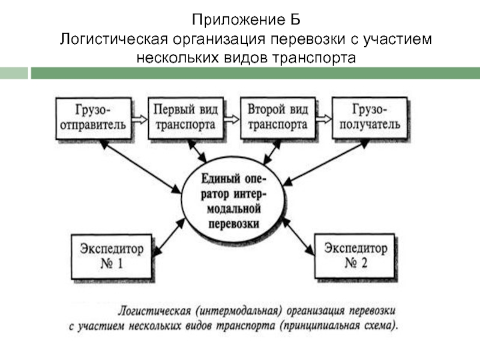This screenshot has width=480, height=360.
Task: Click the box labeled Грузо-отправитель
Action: [94, 118]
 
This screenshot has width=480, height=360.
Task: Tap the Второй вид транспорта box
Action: [278, 118]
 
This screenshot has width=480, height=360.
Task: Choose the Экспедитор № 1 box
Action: [108, 256]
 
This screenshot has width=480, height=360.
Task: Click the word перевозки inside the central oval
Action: [234, 224]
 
